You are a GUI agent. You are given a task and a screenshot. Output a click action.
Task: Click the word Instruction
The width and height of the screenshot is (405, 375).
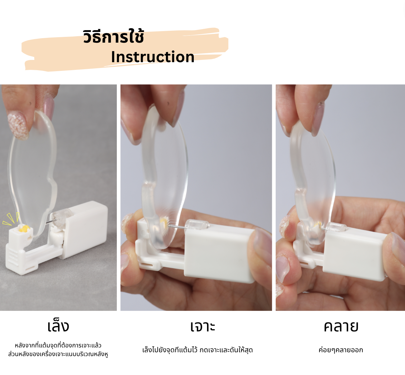(152, 57)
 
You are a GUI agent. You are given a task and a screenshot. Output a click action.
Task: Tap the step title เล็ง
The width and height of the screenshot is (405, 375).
(58, 326)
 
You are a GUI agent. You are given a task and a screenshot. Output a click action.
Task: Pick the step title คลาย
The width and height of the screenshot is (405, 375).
(341, 326)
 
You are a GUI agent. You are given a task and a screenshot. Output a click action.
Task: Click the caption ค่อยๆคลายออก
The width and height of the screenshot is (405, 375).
(340, 350)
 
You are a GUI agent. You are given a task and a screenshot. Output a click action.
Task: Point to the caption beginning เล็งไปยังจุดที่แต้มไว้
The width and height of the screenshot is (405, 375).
(197, 350)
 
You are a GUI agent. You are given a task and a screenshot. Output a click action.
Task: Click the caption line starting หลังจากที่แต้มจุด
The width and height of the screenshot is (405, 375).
(58, 345)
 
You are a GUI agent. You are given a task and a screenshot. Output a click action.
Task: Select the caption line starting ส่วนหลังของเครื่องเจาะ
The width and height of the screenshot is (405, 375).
(58, 354)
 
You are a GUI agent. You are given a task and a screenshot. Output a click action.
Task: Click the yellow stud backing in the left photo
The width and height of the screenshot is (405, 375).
(24, 229)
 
